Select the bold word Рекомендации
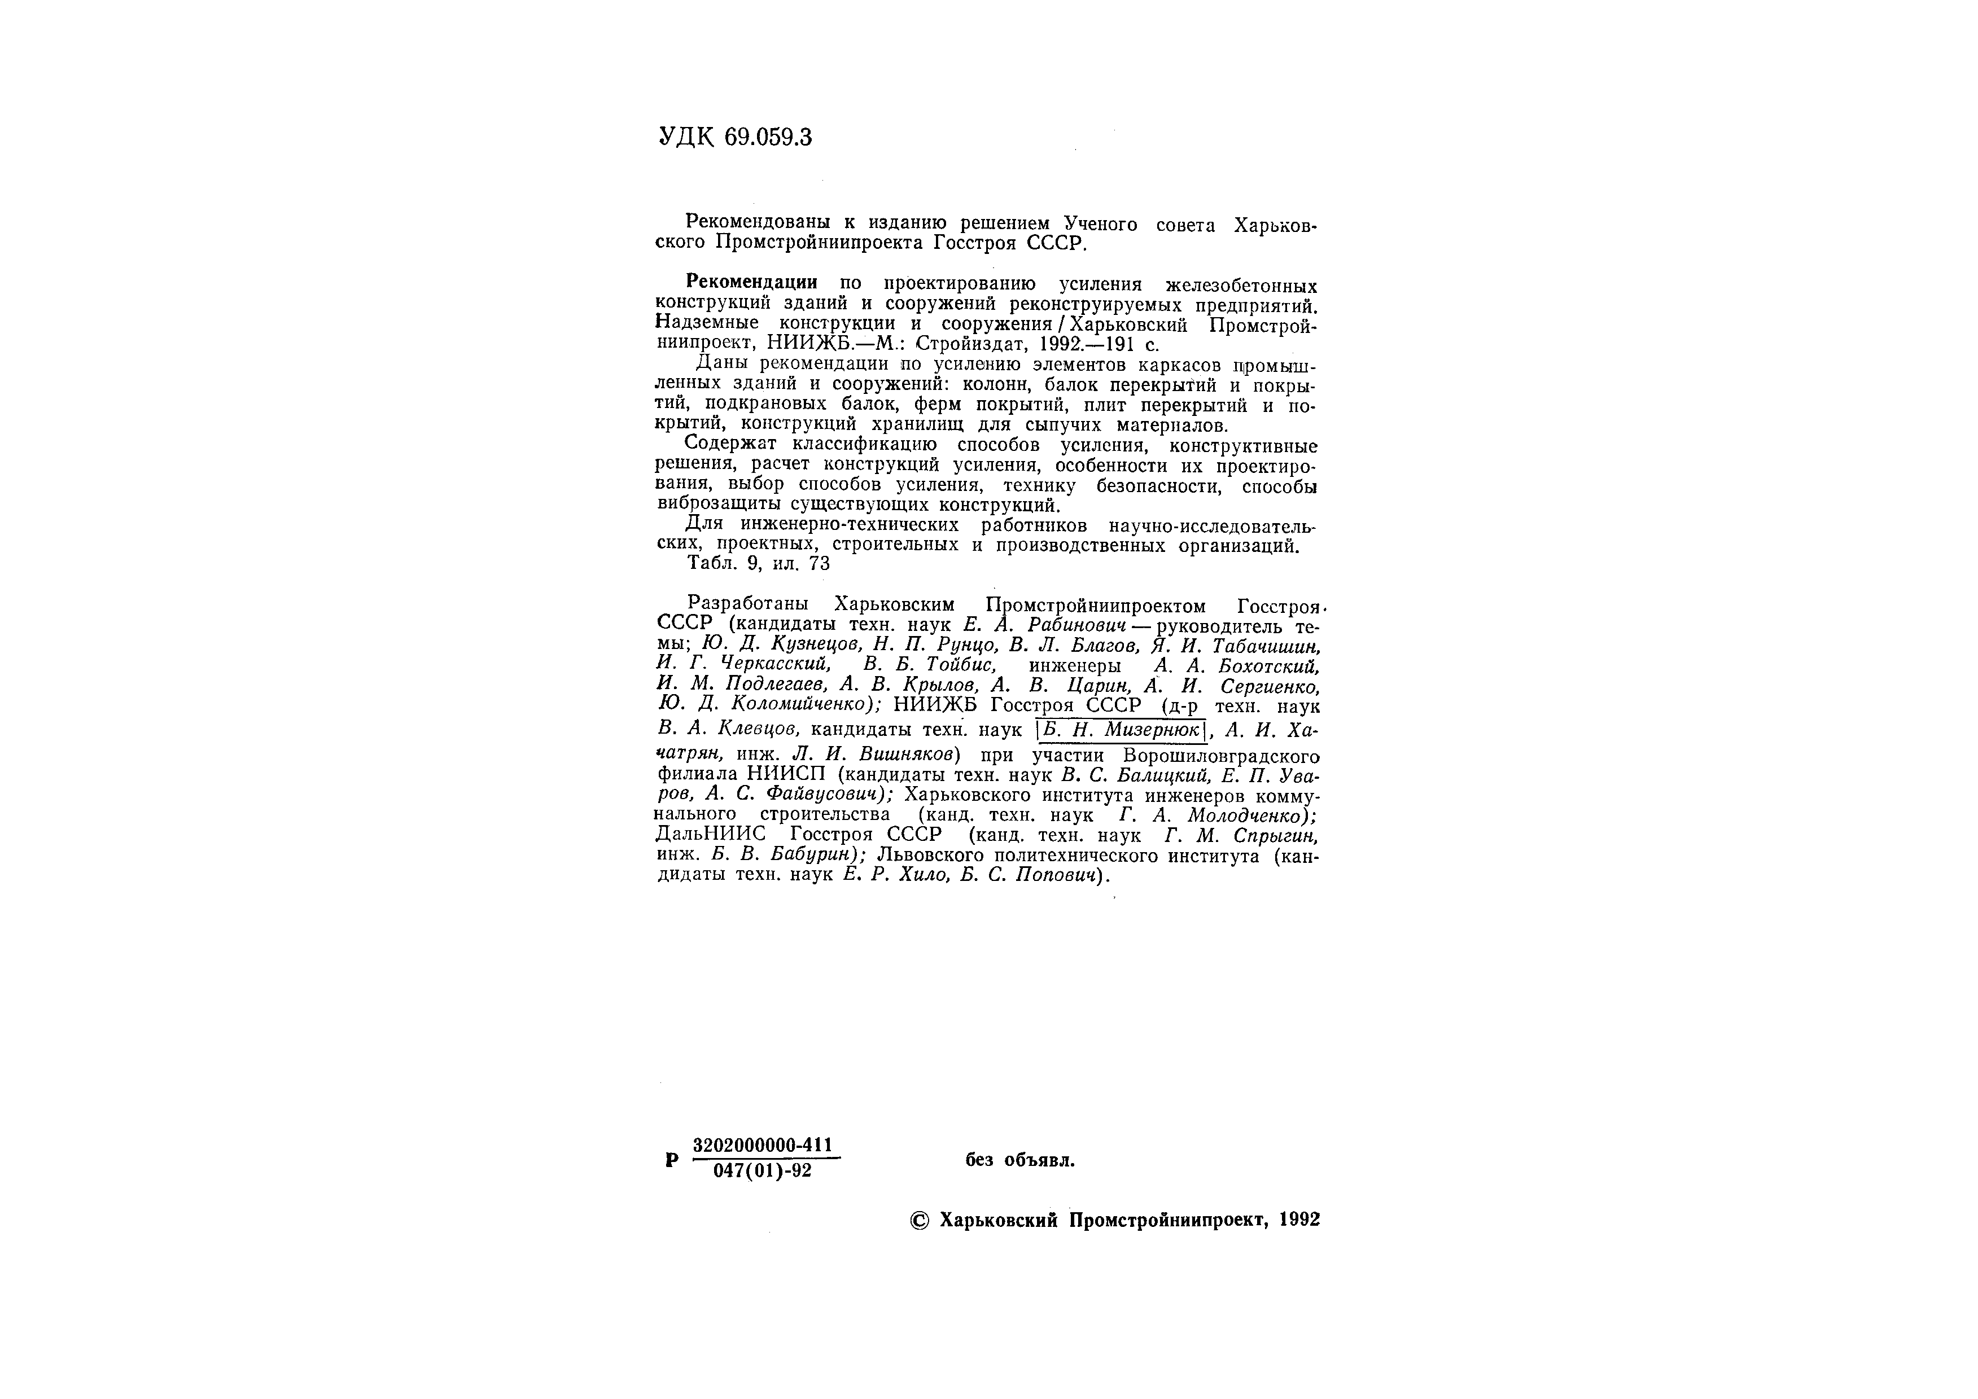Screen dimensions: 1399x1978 tap(751, 283)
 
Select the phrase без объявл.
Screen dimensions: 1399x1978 tap(1020, 1160)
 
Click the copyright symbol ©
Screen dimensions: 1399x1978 tap(919, 1220)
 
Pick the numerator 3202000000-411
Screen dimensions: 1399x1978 tap(763, 1145)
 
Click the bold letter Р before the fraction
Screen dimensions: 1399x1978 tap(672, 1160)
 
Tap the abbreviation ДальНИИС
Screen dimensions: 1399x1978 tap(711, 835)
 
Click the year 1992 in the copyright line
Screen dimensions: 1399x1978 tap(1299, 1220)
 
